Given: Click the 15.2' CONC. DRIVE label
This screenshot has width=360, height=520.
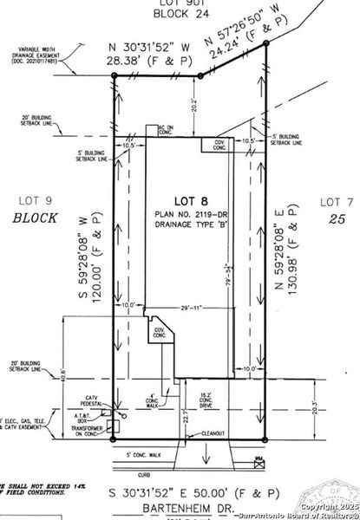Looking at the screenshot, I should click(228, 400).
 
